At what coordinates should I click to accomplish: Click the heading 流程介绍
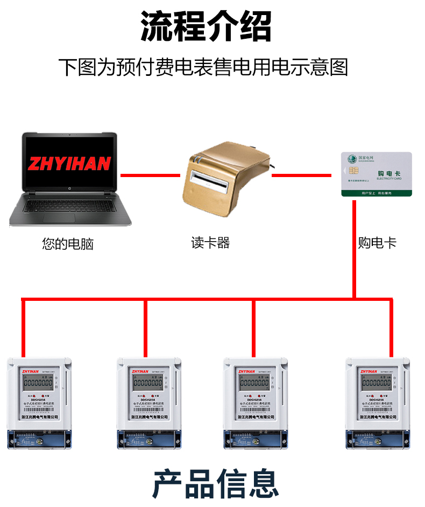point(206,26)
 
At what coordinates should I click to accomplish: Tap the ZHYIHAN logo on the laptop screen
point(70,164)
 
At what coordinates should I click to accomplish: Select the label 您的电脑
point(68,244)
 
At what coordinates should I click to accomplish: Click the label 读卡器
point(210,243)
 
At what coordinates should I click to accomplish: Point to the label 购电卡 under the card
point(377,243)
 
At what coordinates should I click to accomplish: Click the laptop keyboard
point(70,205)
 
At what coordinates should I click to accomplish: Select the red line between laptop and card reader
point(150,175)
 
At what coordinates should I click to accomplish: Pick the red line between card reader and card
point(301,175)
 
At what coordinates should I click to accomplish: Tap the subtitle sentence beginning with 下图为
point(203,67)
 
